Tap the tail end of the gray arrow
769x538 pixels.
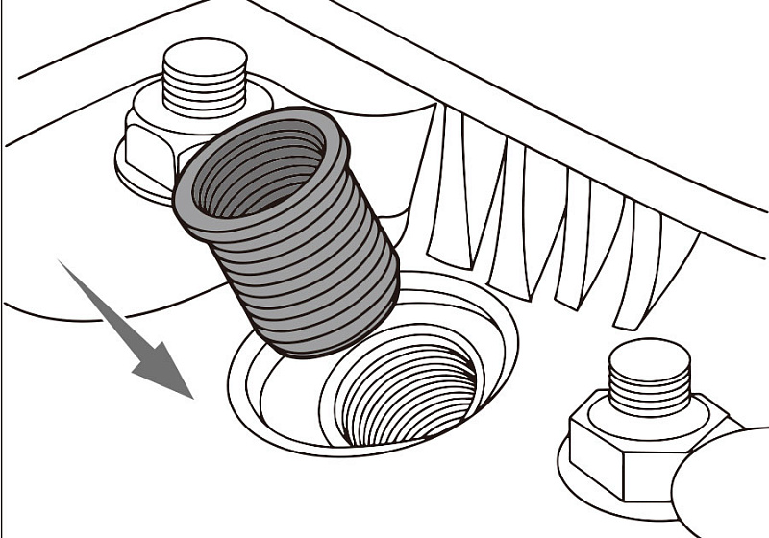63,264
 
